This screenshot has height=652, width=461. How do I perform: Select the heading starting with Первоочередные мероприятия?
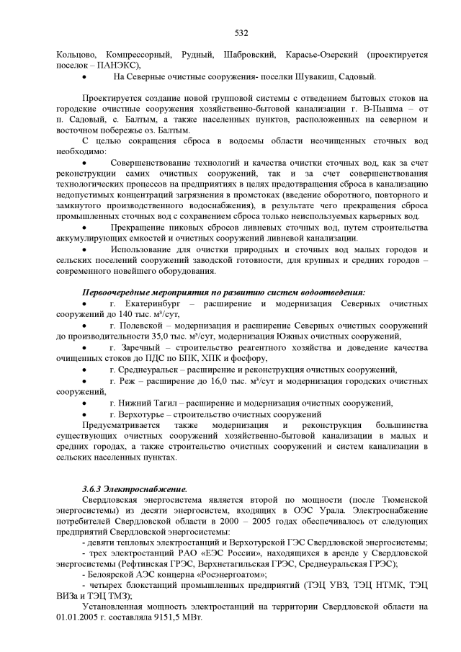(x=223, y=292)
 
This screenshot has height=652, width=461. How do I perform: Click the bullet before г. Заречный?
(x=87, y=347)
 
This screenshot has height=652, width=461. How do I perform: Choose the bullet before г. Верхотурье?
(x=87, y=414)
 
